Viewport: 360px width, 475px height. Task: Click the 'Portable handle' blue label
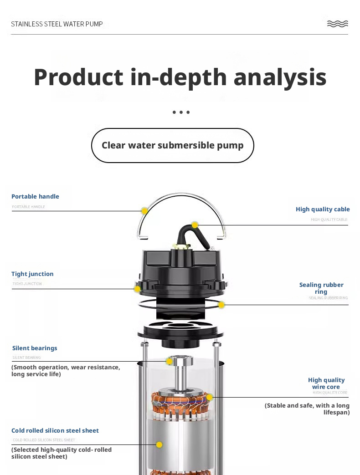(35, 196)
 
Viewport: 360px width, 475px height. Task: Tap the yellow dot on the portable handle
(144, 211)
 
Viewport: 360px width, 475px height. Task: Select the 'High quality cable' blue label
(323, 209)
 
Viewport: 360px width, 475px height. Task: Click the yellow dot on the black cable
(195, 225)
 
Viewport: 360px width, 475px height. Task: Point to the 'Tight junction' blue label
(32, 274)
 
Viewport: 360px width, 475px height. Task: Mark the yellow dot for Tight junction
(137, 289)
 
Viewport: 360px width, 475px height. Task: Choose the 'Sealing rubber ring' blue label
(321, 288)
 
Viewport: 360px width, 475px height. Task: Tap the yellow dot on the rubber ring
(221, 305)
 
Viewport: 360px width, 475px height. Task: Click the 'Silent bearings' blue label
(35, 348)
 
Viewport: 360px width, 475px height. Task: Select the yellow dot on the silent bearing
(169, 361)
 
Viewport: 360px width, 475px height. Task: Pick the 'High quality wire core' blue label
(326, 383)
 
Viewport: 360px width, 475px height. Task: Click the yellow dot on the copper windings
(210, 397)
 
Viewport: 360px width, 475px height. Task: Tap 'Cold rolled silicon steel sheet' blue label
(55, 430)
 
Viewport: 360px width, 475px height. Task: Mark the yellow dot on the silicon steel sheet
(159, 444)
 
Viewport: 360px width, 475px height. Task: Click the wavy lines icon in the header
(338, 24)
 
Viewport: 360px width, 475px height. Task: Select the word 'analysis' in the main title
(280, 77)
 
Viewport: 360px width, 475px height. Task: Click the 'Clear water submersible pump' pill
(172, 145)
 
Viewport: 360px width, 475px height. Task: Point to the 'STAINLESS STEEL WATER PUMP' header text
(57, 24)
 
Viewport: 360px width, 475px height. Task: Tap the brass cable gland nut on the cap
(181, 246)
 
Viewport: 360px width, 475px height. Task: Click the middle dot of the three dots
(181, 112)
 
